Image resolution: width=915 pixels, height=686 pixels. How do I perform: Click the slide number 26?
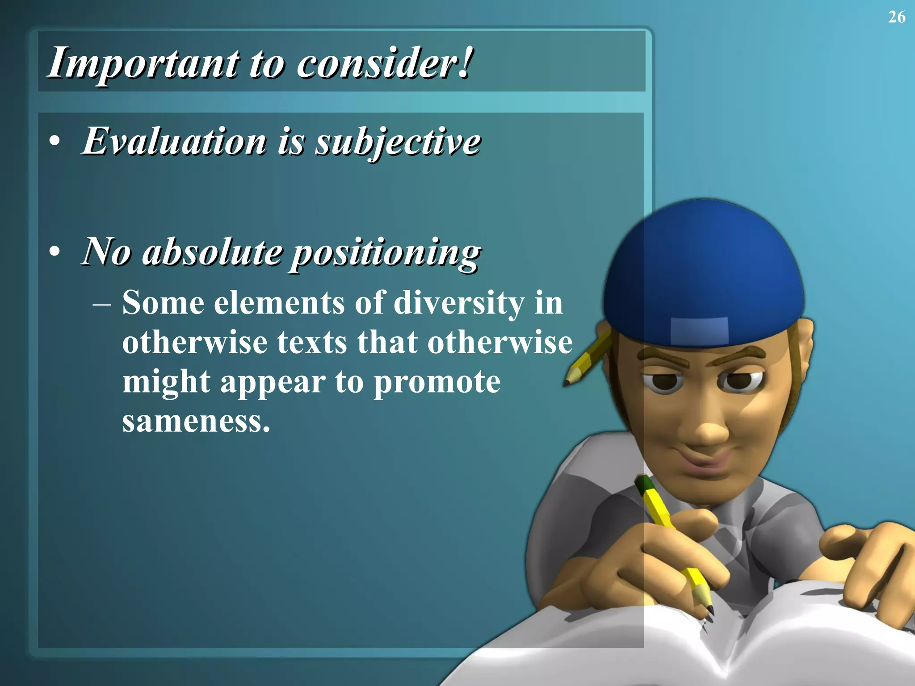pos(897,17)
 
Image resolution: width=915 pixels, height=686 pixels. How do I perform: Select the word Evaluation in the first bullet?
pos(174,141)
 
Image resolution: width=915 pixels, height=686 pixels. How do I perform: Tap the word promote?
pos(437,382)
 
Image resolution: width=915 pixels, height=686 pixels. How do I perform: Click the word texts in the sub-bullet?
pos(312,343)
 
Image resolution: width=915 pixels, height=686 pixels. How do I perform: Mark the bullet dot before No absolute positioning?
pos(55,252)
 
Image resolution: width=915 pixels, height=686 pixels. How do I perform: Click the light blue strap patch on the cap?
pos(700,330)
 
